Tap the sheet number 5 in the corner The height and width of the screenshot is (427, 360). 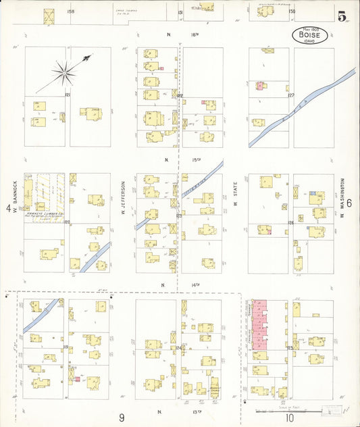click(x=343, y=17)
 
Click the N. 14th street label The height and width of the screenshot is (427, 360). click(x=169, y=286)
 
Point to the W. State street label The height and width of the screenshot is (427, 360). click(x=236, y=196)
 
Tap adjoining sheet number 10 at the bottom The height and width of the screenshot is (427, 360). click(x=289, y=418)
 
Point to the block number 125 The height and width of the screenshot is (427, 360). click(x=290, y=347)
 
